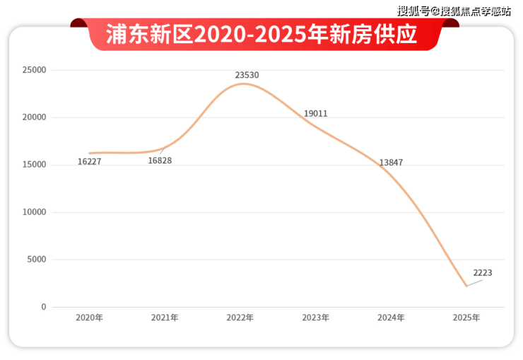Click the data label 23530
247,74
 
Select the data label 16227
90,162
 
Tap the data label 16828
160,161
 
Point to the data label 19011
315,114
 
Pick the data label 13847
391,163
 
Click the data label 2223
483,272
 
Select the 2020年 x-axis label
90,318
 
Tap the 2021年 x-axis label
165,318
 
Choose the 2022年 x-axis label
240,318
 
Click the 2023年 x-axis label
316,318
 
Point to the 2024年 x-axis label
391,318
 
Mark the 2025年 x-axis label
466,318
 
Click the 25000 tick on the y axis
34,71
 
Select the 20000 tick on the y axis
34,118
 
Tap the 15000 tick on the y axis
34,165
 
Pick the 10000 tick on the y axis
34,212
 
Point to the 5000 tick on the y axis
36,260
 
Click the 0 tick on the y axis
43,307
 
